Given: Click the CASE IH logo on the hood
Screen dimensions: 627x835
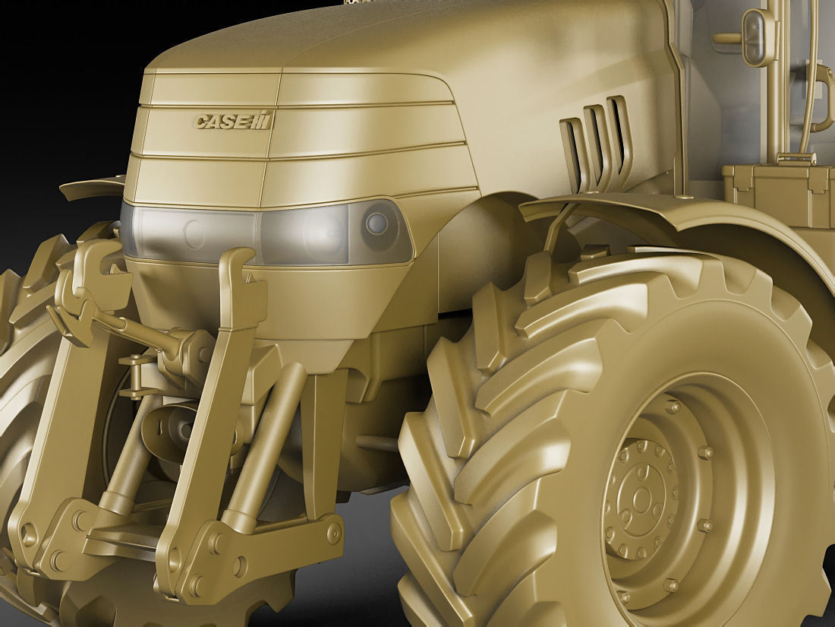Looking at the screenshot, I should (233, 120).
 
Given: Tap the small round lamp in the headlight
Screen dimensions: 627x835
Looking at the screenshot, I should (377, 223).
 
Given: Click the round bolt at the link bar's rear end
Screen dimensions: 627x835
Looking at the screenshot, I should (333, 532).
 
